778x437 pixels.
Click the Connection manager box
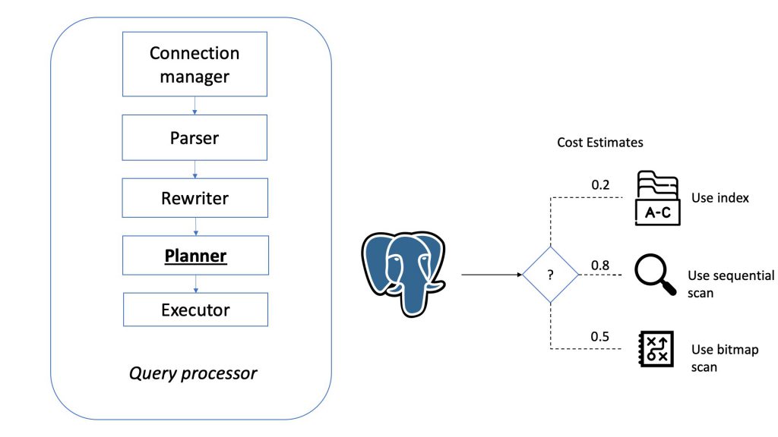coord(194,64)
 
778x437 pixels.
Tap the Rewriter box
coord(194,198)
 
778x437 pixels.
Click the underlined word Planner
coord(195,256)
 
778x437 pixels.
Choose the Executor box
coord(194,310)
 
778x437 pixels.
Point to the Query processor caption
coord(193,373)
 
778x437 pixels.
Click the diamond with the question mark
coord(550,274)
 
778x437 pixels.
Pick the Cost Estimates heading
coord(599,143)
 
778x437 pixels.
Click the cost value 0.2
coord(600,184)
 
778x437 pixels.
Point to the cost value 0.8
coord(600,265)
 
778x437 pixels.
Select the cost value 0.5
coord(600,337)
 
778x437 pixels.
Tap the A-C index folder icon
coord(657,199)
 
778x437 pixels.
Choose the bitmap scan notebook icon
coord(654,350)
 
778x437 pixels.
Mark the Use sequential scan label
coord(730,284)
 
